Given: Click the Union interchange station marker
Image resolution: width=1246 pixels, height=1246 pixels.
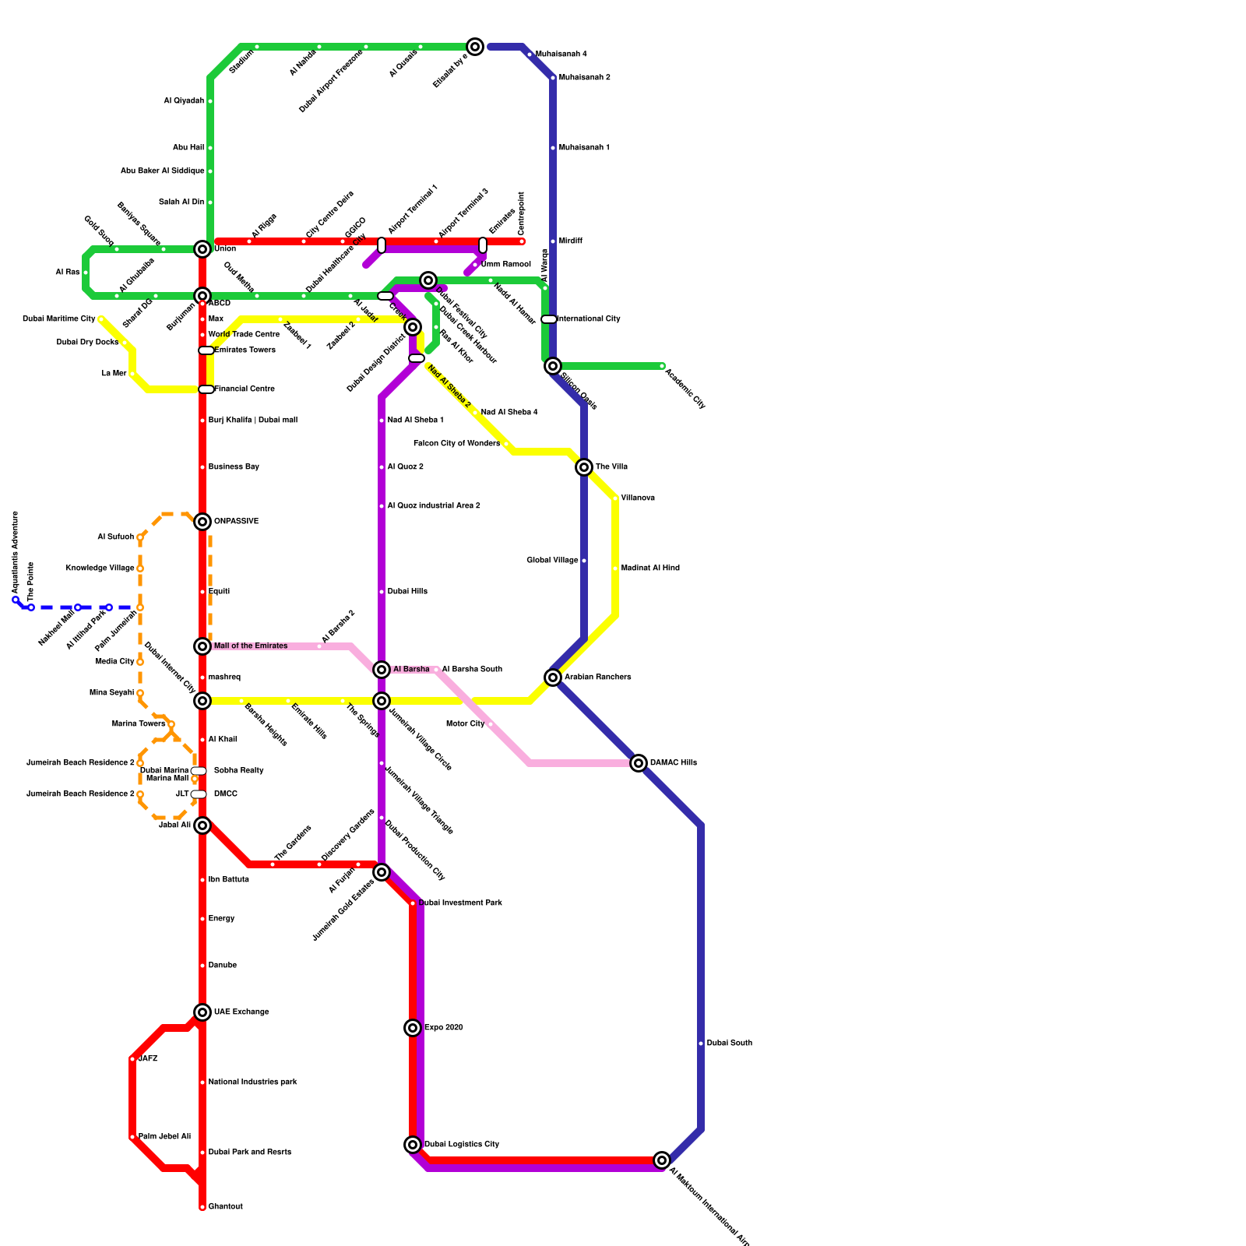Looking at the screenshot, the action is (x=202, y=249).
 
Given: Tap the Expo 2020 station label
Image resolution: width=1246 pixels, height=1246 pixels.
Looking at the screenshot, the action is (x=444, y=1028).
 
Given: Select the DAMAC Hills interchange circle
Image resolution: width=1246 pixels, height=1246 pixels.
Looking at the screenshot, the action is (x=639, y=763).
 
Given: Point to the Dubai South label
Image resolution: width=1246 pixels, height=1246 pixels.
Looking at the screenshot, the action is (x=729, y=1044).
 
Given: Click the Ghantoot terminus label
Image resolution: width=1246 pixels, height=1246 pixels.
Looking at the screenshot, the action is (x=226, y=1207).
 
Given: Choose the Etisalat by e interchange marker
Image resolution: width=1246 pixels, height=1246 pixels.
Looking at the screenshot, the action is (x=475, y=47).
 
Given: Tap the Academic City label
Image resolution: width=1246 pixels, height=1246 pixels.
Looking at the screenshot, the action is (x=685, y=388).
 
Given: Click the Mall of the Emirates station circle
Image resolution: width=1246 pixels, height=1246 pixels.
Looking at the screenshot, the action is (x=202, y=646).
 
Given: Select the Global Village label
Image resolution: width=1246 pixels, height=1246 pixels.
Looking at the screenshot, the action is (x=552, y=561).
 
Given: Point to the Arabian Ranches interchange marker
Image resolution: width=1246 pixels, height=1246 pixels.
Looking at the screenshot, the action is (x=553, y=678).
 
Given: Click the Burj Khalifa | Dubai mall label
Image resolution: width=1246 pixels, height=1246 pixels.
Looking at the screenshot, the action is (x=253, y=421).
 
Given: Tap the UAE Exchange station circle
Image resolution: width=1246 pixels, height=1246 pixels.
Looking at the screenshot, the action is (x=202, y=1012).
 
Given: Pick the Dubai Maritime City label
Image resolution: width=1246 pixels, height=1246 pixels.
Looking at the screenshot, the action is (x=58, y=319).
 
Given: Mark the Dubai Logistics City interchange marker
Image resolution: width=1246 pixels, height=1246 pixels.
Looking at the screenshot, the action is (x=413, y=1145).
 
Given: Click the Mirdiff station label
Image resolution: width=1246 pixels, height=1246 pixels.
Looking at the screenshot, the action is (x=571, y=241).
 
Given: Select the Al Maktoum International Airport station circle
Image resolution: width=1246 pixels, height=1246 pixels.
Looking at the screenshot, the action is (x=662, y=1160).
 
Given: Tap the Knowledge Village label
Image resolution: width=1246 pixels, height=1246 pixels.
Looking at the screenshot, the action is (x=100, y=568).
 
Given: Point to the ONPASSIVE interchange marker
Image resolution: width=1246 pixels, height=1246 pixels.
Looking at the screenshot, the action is (x=202, y=522).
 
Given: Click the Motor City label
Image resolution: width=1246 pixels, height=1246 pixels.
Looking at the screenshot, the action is (x=465, y=724).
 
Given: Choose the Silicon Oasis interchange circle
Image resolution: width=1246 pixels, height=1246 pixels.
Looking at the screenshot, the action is (x=553, y=366).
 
